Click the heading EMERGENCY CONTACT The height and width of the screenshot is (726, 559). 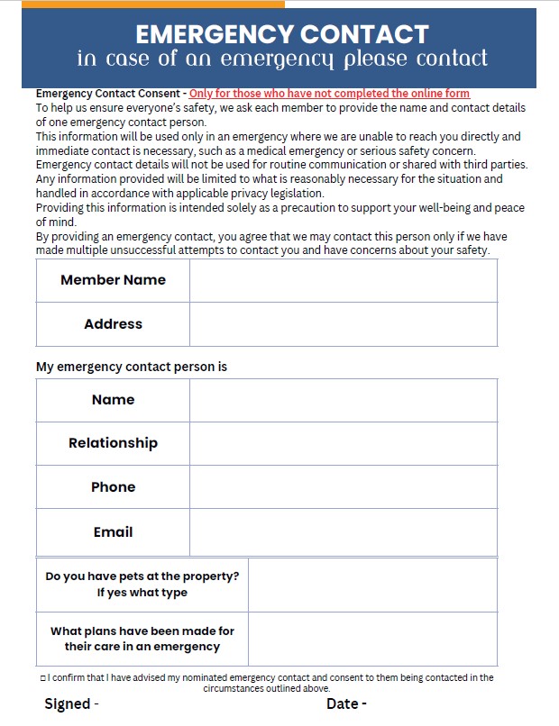tap(281, 34)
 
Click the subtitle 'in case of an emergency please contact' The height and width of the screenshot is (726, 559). tap(281, 59)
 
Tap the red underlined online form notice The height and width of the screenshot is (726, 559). tap(329, 93)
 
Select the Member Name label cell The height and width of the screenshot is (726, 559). tap(113, 280)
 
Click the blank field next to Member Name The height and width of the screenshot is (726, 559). tap(343, 280)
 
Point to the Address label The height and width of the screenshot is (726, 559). tap(113, 324)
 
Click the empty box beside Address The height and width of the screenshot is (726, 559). tap(343, 324)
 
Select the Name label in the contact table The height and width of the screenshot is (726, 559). tap(113, 400)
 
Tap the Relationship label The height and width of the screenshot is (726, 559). tap(113, 443)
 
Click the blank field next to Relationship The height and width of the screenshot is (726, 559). tap(343, 443)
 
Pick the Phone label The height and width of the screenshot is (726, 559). tap(113, 487)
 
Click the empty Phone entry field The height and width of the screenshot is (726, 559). tap(343, 487)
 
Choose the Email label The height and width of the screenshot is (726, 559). tap(113, 532)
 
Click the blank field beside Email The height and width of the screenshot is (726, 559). tap(343, 532)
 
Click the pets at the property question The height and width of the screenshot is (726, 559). tap(142, 585)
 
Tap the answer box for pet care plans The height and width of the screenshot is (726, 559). tap(372, 639)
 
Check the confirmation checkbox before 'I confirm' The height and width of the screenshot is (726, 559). tap(43, 678)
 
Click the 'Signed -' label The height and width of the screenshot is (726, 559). tap(71, 704)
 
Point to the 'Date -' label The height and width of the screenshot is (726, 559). tap(346, 704)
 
